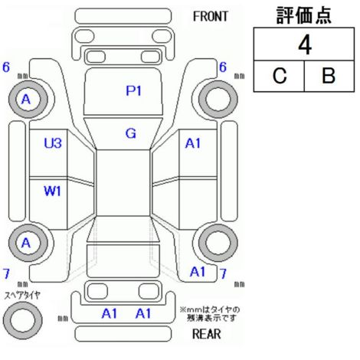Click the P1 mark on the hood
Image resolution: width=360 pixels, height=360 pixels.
(x=133, y=90)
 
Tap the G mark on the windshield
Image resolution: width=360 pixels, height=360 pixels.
(x=131, y=133)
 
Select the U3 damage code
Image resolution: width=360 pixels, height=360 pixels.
(x=53, y=143)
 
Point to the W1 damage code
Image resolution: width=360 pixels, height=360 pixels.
(x=52, y=191)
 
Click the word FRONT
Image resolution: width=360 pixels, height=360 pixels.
(x=211, y=17)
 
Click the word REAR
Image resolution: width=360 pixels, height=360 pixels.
(x=207, y=334)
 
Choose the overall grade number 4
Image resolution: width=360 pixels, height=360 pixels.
(x=305, y=45)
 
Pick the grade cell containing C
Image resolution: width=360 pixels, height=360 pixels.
(x=279, y=76)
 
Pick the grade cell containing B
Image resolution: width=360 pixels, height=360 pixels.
(x=329, y=76)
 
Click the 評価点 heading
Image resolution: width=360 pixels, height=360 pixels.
(x=304, y=15)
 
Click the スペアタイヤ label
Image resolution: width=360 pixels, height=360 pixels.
(x=22, y=296)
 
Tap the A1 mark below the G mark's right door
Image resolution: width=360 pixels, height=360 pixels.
(x=198, y=272)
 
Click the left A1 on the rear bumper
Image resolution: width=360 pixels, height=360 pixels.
(x=110, y=313)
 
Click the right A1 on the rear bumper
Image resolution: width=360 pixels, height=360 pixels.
(x=143, y=313)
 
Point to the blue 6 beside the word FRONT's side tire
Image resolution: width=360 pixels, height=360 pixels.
(x=223, y=67)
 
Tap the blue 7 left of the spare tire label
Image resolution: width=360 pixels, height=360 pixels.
(x=6, y=273)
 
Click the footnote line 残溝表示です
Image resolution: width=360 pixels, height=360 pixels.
(x=211, y=318)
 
